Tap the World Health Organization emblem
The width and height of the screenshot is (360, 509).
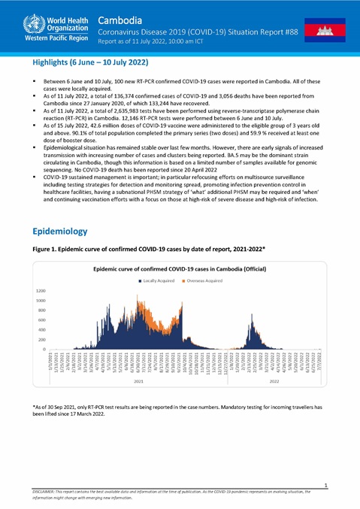(x=15, y=20)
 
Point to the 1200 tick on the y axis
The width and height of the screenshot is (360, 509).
(x=41, y=290)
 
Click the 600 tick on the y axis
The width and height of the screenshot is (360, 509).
(x=42, y=320)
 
